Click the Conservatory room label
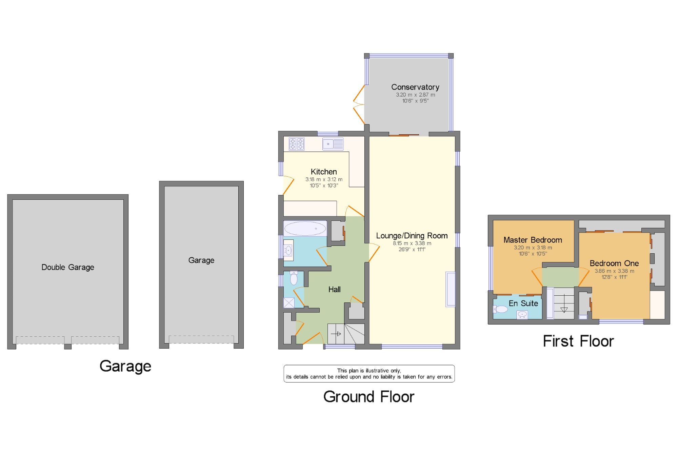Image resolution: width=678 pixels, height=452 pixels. click(415, 87)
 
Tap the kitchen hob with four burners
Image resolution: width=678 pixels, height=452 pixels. click(297, 144)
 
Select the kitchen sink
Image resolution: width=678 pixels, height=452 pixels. click(333, 144)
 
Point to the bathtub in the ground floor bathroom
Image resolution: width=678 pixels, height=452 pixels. click(305, 229)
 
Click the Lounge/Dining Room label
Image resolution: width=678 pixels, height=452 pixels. click(412, 236)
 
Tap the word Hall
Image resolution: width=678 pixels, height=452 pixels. click(334, 289)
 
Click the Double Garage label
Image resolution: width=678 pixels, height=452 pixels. click(68, 267)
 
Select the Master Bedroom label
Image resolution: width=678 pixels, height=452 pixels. click(533, 240)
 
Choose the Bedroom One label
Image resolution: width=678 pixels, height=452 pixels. click(614, 263)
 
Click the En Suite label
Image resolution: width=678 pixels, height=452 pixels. click(523, 303)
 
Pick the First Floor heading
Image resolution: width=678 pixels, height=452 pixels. click(578, 341)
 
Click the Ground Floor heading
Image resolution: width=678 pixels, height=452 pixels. click(369, 397)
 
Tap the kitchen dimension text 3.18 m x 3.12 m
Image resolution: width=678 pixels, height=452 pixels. click(324, 179)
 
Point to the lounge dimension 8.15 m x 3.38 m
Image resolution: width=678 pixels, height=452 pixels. click(412, 243)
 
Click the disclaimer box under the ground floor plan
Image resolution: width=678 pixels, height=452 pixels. click(369, 374)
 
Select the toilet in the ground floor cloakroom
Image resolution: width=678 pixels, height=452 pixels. click(294, 278)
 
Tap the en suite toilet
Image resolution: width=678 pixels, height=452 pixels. click(500, 309)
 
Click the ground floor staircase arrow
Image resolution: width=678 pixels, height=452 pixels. click(336, 334)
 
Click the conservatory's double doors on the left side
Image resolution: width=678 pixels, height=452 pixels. click(359, 105)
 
